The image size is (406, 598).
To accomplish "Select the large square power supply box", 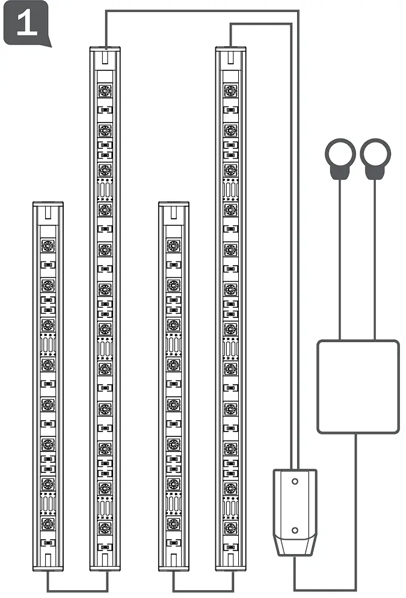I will click(358, 386).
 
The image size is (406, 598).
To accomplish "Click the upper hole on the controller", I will click(294, 481).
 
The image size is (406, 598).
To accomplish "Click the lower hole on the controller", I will click(294, 530).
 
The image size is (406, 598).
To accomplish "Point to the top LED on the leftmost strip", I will click(48, 246).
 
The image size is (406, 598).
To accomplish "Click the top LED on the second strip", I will click(105, 91).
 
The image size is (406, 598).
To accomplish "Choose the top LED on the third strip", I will click(174, 246).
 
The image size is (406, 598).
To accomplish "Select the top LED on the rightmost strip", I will click(230, 91).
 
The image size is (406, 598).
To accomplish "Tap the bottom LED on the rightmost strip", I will click(230, 527).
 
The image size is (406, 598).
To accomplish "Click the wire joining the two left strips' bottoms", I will click(77, 590).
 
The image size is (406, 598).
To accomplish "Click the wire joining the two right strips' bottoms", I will click(203, 590).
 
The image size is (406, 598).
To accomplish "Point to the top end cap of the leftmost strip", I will click(48, 210).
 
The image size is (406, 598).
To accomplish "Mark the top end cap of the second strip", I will click(105, 55).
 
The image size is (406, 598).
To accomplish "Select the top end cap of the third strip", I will click(174, 210).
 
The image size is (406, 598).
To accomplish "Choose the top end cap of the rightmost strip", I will click(230, 55).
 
